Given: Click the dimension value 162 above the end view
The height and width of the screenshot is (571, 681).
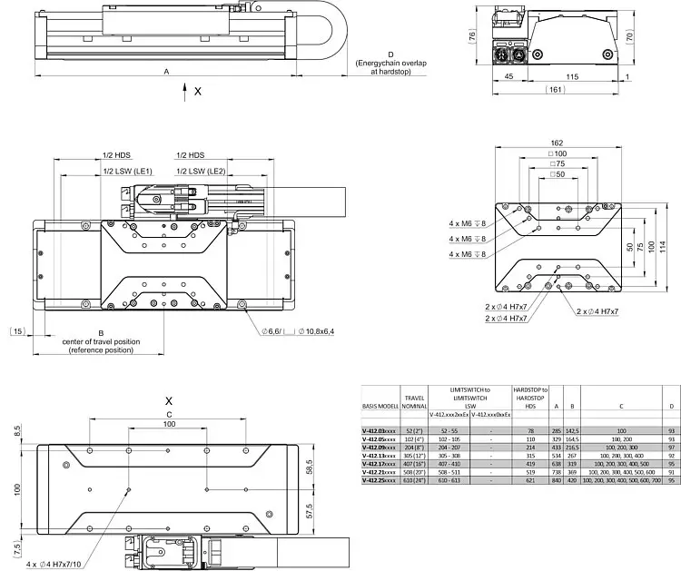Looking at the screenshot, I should coord(558,143).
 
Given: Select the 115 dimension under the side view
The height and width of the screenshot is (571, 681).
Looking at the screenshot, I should coord(571,77).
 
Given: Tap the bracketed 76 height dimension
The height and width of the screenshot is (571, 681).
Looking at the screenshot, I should coord(473,36).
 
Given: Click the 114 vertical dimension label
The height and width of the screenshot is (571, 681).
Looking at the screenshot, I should coord(663,247).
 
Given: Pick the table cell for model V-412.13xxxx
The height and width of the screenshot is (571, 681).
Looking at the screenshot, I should coord(380,456).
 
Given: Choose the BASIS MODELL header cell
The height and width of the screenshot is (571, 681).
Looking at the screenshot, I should coord(380,406).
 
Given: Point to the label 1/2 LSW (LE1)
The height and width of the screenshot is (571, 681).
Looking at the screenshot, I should coord(127,172).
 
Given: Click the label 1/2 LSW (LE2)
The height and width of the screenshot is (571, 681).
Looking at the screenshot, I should coord(202,172).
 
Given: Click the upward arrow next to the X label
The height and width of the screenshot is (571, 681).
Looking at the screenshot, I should coord(185,90).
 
